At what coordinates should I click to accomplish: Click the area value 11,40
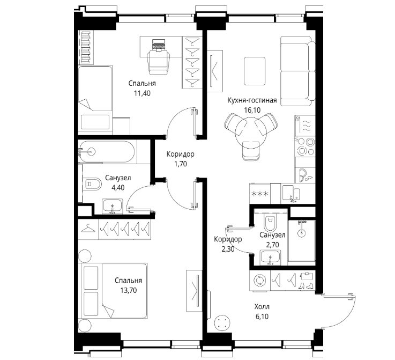point(143,93)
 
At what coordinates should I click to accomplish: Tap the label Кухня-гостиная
point(252,100)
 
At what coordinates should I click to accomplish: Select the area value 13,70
point(129,290)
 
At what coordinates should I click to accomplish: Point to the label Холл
point(262,307)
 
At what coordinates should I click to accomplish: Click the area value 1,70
point(181,164)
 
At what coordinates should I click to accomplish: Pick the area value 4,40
point(118,188)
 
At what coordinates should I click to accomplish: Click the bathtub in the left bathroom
point(106,151)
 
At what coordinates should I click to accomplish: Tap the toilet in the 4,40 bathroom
point(92,184)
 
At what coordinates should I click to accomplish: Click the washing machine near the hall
point(260,281)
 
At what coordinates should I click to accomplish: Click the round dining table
point(251,134)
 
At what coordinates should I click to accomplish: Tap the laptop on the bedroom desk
point(159,46)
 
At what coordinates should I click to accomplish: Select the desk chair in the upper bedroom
point(159,62)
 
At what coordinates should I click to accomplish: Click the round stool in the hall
point(222,323)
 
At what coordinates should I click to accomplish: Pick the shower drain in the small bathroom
point(301,233)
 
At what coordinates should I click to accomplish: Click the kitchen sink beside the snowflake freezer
point(291,193)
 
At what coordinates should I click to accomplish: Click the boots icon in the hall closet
point(305,286)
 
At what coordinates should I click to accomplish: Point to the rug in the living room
point(255,71)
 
